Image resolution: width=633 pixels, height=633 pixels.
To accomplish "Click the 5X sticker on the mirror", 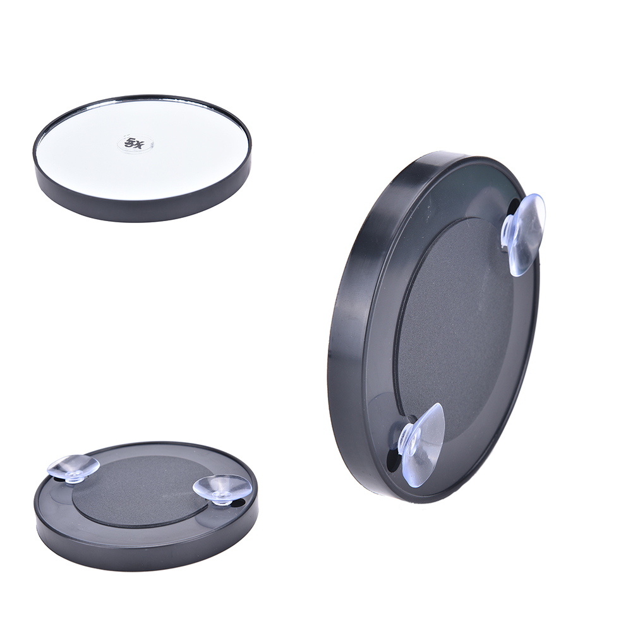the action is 136,143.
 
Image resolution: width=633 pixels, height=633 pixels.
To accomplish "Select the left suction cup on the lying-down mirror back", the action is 73,469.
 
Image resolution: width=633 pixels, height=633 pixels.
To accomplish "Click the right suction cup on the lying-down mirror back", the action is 222,490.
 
